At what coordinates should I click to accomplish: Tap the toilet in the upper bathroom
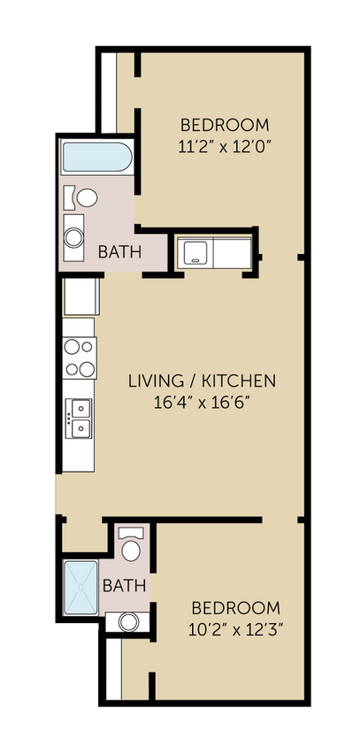coord(87,197)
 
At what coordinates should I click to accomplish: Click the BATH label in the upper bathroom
coord(119,252)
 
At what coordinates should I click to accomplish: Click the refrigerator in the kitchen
coord(80,297)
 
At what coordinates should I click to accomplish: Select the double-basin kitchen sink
coord(79,417)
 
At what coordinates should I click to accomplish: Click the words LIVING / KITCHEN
coord(203,381)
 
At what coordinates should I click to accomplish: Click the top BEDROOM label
coord(225,125)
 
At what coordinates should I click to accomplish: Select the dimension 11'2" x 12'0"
coord(225,146)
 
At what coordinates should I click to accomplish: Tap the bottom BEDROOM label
coord(236,609)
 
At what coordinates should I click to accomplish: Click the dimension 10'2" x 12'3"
coord(236,630)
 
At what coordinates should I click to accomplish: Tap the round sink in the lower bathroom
coord(127,622)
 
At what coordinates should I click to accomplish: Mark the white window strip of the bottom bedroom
coord(113,668)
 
